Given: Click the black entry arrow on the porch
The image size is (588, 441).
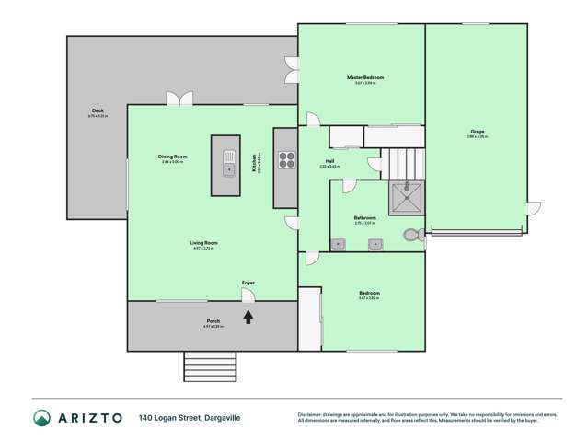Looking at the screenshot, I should pyautogui.click(x=248, y=318).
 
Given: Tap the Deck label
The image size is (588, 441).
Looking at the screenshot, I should pyautogui.click(x=98, y=111).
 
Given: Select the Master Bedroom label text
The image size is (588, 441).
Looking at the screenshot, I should pyautogui.click(x=364, y=77).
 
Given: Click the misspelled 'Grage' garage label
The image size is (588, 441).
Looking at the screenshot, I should pyautogui.click(x=476, y=132).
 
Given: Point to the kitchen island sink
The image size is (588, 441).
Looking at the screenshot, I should pyautogui.click(x=227, y=167).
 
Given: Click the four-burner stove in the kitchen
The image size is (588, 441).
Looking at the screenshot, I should pyautogui.click(x=285, y=162).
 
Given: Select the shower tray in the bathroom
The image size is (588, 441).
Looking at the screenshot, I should pyautogui.click(x=405, y=196).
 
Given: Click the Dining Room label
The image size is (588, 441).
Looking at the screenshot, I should pyautogui.click(x=172, y=157).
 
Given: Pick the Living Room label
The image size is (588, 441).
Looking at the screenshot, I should pyautogui.click(x=204, y=243).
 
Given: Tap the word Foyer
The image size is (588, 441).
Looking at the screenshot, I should pyautogui.click(x=248, y=283).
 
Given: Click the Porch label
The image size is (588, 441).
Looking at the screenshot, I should pyautogui.click(x=213, y=321).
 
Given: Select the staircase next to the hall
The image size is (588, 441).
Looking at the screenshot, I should pyautogui.click(x=404, y=164).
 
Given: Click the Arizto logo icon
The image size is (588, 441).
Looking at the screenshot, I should pyautogui.click(x=41, y=417).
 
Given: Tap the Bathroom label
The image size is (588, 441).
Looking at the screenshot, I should pyautogui.click(x=364, y=218).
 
